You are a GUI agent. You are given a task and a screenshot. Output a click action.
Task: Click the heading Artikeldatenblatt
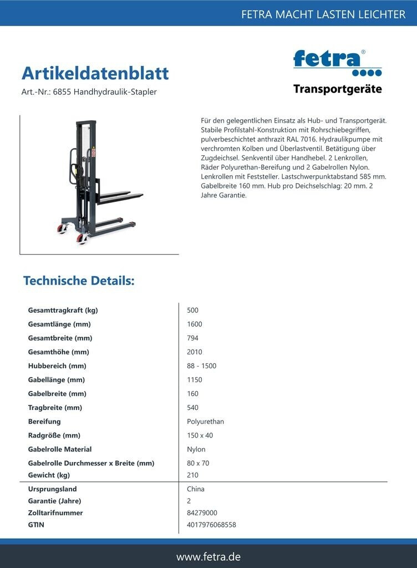click(95, 73)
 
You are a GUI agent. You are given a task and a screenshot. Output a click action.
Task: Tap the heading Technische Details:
click(79, 281)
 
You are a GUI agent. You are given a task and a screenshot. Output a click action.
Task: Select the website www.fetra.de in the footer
click(208, 556)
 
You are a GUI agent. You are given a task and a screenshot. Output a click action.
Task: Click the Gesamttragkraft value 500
click(192, 310)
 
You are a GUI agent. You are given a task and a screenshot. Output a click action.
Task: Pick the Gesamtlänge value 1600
click(195, 324)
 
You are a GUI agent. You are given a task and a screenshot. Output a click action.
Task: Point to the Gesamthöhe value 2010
click(195, 352)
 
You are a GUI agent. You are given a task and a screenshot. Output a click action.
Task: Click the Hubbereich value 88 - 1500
click(202, 366)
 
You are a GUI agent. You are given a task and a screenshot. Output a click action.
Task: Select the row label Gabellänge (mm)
click(56, 379)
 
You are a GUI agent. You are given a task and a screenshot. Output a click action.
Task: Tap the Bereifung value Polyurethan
click(205, 421)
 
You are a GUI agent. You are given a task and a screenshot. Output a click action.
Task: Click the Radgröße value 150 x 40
click(200, 435)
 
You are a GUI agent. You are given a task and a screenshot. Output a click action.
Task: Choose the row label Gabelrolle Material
click(60, 449)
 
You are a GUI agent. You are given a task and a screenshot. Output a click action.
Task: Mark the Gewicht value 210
click(192, 475)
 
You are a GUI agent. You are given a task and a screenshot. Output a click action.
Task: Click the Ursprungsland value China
click(196, 489)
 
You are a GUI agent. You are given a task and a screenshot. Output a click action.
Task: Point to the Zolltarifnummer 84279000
click(202, 513)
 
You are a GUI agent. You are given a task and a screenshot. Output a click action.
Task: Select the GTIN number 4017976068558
click(211, 524)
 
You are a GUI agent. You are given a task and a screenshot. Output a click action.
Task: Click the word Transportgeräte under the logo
click(337, 89)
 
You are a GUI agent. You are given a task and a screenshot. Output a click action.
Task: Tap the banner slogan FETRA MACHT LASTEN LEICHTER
click(323, 14)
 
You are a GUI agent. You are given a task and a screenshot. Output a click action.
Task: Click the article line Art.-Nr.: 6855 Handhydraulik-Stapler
click(89, 92)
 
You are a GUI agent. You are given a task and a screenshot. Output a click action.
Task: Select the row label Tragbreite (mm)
click(55, 407)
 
